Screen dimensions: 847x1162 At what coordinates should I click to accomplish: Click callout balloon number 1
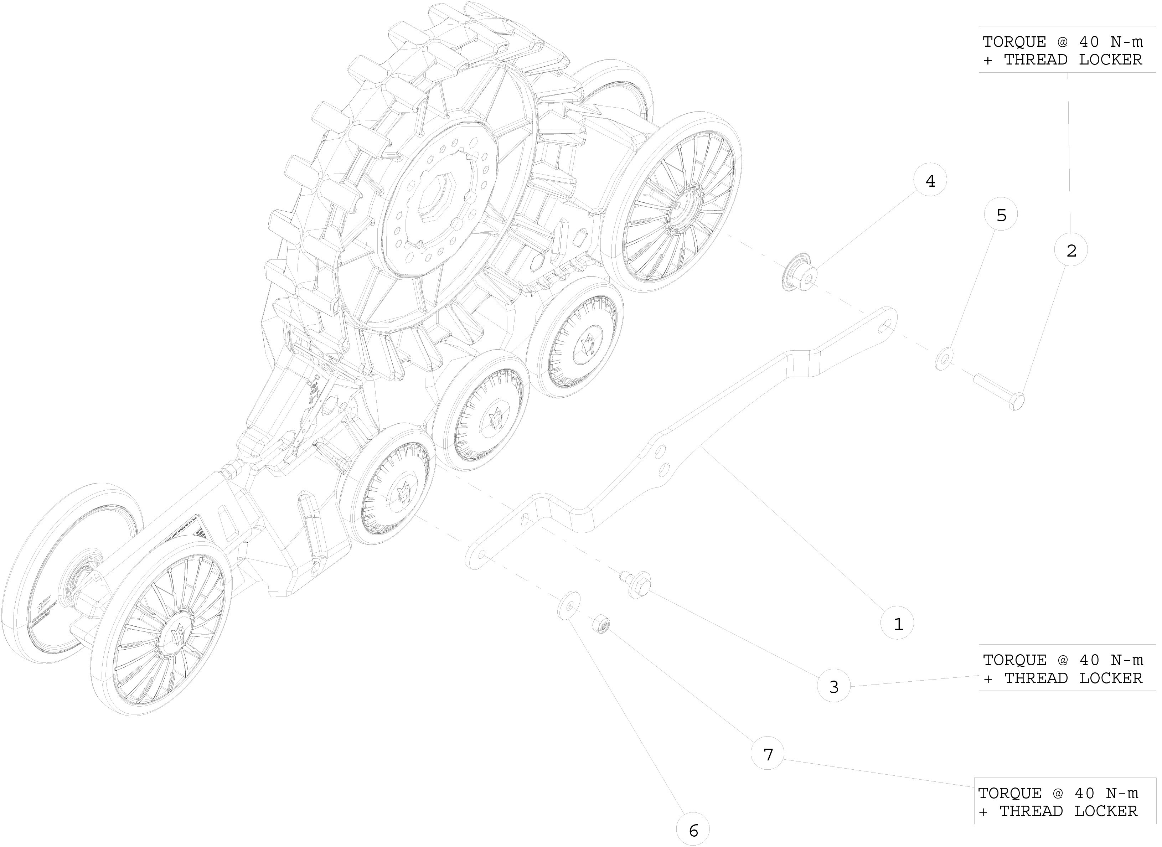pos(897,624)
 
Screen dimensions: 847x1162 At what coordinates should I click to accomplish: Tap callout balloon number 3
pos(833,686)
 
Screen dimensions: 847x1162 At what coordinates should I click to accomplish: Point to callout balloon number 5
pos(1001,215)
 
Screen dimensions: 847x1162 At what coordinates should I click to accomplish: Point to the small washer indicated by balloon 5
pos(944,358)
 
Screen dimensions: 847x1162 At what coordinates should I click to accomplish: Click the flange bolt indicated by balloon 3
pos(636,586)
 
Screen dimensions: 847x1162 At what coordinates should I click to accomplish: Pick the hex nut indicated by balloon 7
pos(599,625)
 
